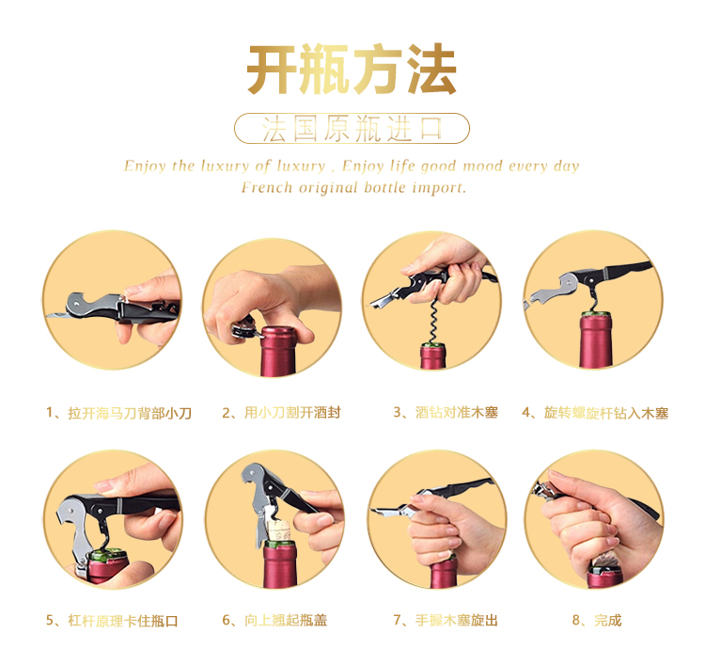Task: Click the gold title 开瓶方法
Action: coord(352,69)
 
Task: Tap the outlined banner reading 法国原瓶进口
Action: coord(352,128)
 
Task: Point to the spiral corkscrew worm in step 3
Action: coord(432,321)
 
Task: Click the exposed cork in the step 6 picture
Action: coord(279,530)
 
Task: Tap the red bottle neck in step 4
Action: coord(596,340)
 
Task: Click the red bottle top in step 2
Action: coord(278,351)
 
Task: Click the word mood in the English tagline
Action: coord(482,166)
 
